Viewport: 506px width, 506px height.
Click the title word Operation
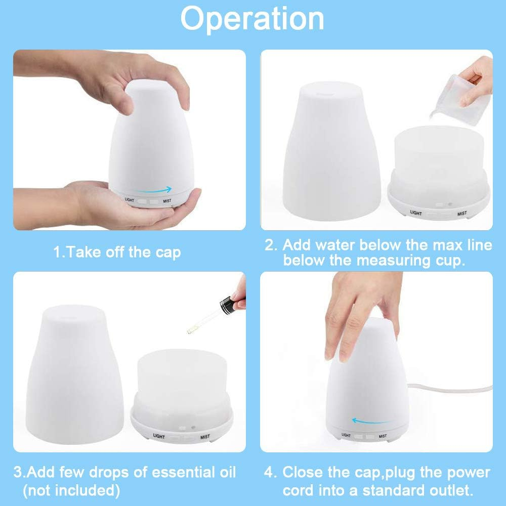click(252, 19)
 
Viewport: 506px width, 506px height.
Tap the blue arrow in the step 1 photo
click(153, 190)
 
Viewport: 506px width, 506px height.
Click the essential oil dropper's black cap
click(232, 304)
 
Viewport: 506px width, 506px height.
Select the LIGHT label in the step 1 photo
click(130, 200)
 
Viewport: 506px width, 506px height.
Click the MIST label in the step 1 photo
click(167, 201)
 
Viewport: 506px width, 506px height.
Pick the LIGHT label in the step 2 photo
click(416, 213)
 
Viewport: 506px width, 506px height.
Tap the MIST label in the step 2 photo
click(462, 214)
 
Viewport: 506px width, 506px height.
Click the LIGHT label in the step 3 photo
click(159, 436)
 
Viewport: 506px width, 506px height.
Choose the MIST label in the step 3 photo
click(205, 437)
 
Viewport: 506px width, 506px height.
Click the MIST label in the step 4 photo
click(383, 436)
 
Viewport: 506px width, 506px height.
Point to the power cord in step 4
click(450, 388)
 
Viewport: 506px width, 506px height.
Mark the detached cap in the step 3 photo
click(75, 374)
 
